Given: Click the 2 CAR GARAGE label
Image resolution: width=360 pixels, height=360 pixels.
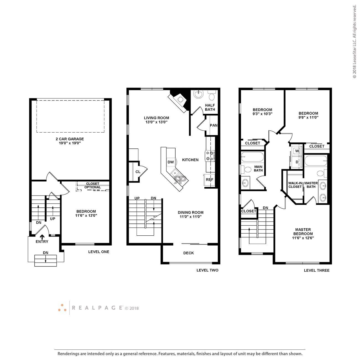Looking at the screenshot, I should (70, 139).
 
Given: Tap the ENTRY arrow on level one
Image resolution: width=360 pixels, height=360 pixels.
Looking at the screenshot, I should (42, 237).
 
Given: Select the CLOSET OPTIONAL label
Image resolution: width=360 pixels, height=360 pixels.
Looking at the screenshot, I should (92, 186).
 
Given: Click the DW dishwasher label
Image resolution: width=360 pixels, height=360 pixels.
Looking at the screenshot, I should (171, 162).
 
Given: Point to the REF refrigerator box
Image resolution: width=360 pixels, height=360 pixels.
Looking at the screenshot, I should (210, 179).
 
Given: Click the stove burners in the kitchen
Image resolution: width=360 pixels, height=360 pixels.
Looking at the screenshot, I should (210, 156).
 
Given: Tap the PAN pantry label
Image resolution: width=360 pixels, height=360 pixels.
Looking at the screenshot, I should (214, 125).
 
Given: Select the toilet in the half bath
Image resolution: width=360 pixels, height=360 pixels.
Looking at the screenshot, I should (212, 97).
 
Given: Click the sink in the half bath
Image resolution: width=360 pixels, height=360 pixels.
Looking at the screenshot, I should (198, 95).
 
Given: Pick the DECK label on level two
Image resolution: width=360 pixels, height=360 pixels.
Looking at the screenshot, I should (189, 253).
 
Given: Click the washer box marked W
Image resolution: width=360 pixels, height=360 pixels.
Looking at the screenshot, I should (297, 151).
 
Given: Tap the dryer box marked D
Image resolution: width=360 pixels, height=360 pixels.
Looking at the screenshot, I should (297, 162).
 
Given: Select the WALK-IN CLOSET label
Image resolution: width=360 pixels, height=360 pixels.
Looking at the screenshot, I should (295, 185).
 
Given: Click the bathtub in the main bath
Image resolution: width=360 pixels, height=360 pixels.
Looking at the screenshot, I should (252, 157).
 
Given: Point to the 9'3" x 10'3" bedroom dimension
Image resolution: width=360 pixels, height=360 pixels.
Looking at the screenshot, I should (263, 114).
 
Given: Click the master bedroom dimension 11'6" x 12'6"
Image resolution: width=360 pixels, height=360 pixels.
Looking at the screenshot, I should (303, 238).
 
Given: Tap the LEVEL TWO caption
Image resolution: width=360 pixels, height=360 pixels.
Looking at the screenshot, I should (207, 270).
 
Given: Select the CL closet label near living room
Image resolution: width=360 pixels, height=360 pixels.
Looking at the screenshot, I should (138, 172).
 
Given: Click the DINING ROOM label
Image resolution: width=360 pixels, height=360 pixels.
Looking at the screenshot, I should (191, 212).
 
